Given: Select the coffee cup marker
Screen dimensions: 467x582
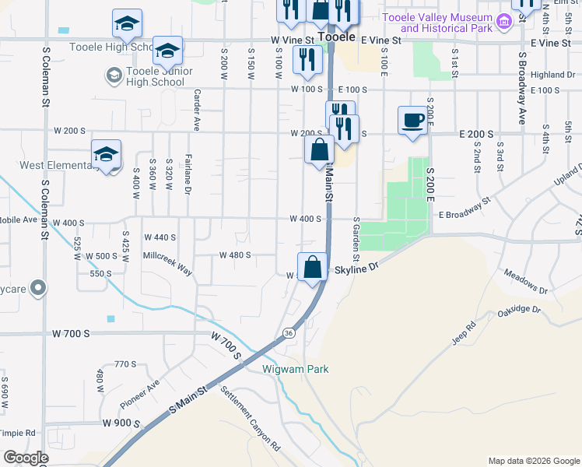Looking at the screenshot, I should point(412,121).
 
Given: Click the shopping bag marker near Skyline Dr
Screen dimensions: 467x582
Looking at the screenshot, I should point(312,267).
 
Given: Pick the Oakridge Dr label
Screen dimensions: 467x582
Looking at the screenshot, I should point(518,312).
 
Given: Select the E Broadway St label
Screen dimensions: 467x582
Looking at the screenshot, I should point(465,206).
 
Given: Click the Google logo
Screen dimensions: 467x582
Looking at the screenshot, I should point(26,458).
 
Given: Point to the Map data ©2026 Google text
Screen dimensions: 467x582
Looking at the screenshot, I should point(534,461).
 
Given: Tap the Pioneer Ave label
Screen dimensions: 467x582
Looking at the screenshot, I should point(139,395).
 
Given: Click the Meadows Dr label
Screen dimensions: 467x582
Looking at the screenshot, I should point(526,281).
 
